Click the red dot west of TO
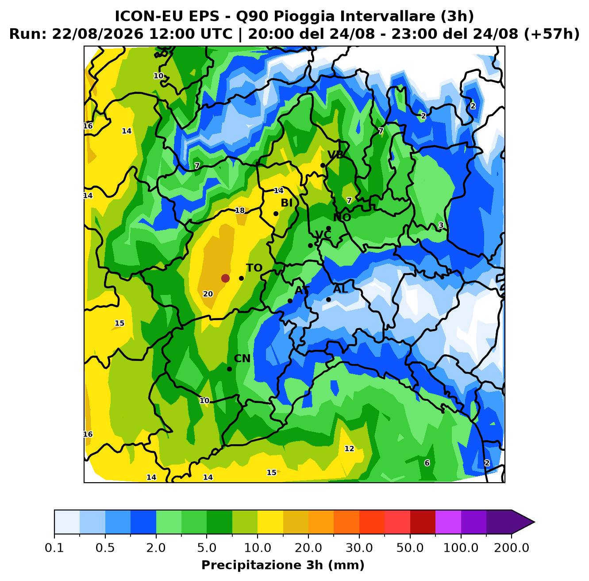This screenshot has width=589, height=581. (225, 278)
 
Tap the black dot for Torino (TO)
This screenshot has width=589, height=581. (241, 278)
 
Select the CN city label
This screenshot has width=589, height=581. (242, 359)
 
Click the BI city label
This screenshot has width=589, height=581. (287, 203)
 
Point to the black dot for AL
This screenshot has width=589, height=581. (328, 299)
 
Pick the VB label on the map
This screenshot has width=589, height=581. (335, 155)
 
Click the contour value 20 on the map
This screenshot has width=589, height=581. (208, 294)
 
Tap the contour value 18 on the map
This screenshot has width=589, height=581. (240, 210)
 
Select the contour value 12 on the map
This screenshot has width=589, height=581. (349, 449)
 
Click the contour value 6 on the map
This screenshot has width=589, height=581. (427, 463)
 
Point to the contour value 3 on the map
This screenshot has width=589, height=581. (441, 225)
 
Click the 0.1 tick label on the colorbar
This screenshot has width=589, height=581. (54, 548)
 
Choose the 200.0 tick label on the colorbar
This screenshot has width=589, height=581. (512, 548)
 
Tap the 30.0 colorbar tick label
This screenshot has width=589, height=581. (359, 548)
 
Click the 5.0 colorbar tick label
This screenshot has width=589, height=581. (207, 548)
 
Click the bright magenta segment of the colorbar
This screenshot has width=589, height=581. (448, 522)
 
